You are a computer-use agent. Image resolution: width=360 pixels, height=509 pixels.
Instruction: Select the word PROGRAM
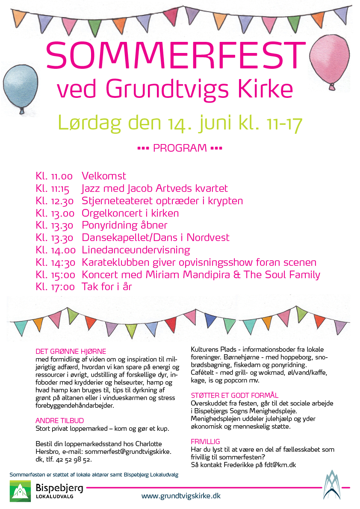180,148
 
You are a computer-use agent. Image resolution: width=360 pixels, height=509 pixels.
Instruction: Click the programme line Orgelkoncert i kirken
130,213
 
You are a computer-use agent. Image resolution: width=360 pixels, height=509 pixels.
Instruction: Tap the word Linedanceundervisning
136,250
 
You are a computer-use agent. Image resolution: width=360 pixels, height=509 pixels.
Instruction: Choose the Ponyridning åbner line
124,225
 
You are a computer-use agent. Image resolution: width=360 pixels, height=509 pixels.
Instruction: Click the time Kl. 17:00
56,287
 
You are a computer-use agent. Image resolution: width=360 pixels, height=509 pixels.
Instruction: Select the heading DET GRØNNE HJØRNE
71,351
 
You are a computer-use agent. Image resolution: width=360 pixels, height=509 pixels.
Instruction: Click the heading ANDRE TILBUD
59,421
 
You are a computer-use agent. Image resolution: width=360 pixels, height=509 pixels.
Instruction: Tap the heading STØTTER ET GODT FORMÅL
234,396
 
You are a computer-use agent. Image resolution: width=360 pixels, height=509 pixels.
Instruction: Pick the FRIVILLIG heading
205,441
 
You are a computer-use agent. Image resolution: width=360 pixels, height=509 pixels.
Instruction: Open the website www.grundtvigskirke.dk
181,496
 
